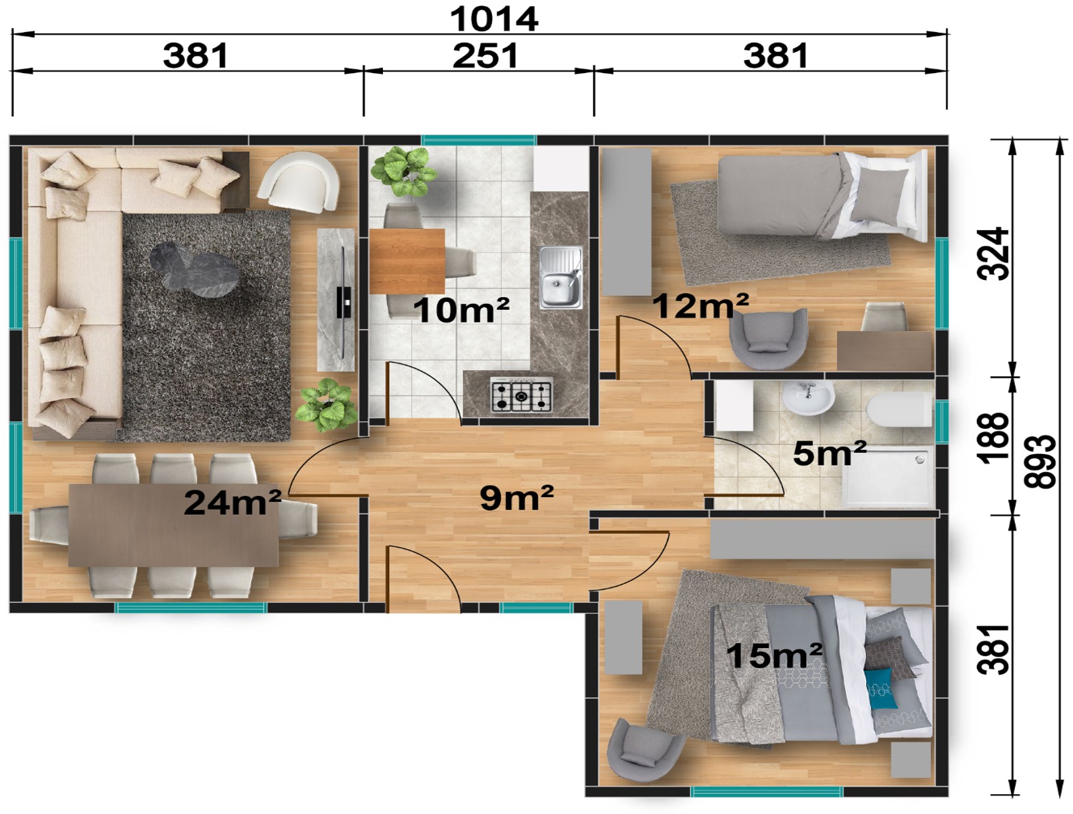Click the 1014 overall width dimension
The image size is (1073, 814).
coord(493,20)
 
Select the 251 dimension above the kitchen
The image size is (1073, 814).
coord(485,56)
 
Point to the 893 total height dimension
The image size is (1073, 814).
coord(1040,462)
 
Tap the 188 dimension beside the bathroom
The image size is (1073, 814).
coord(992,436)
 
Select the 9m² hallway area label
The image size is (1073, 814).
coord(517,498)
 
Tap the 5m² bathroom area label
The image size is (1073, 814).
coord(829,453)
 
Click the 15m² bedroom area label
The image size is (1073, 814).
coord(774,655)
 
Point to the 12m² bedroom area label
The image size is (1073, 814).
coord(700,305)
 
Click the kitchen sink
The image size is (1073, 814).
coord(560,277)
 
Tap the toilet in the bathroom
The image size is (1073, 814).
coord(900,410)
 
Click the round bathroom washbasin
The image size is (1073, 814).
coord(808,398)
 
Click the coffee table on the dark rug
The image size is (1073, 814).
coord(195,270)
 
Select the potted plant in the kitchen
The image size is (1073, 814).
coord(404,172)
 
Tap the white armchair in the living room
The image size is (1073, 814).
coord(299,182)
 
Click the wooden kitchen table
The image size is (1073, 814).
coord(407,262)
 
